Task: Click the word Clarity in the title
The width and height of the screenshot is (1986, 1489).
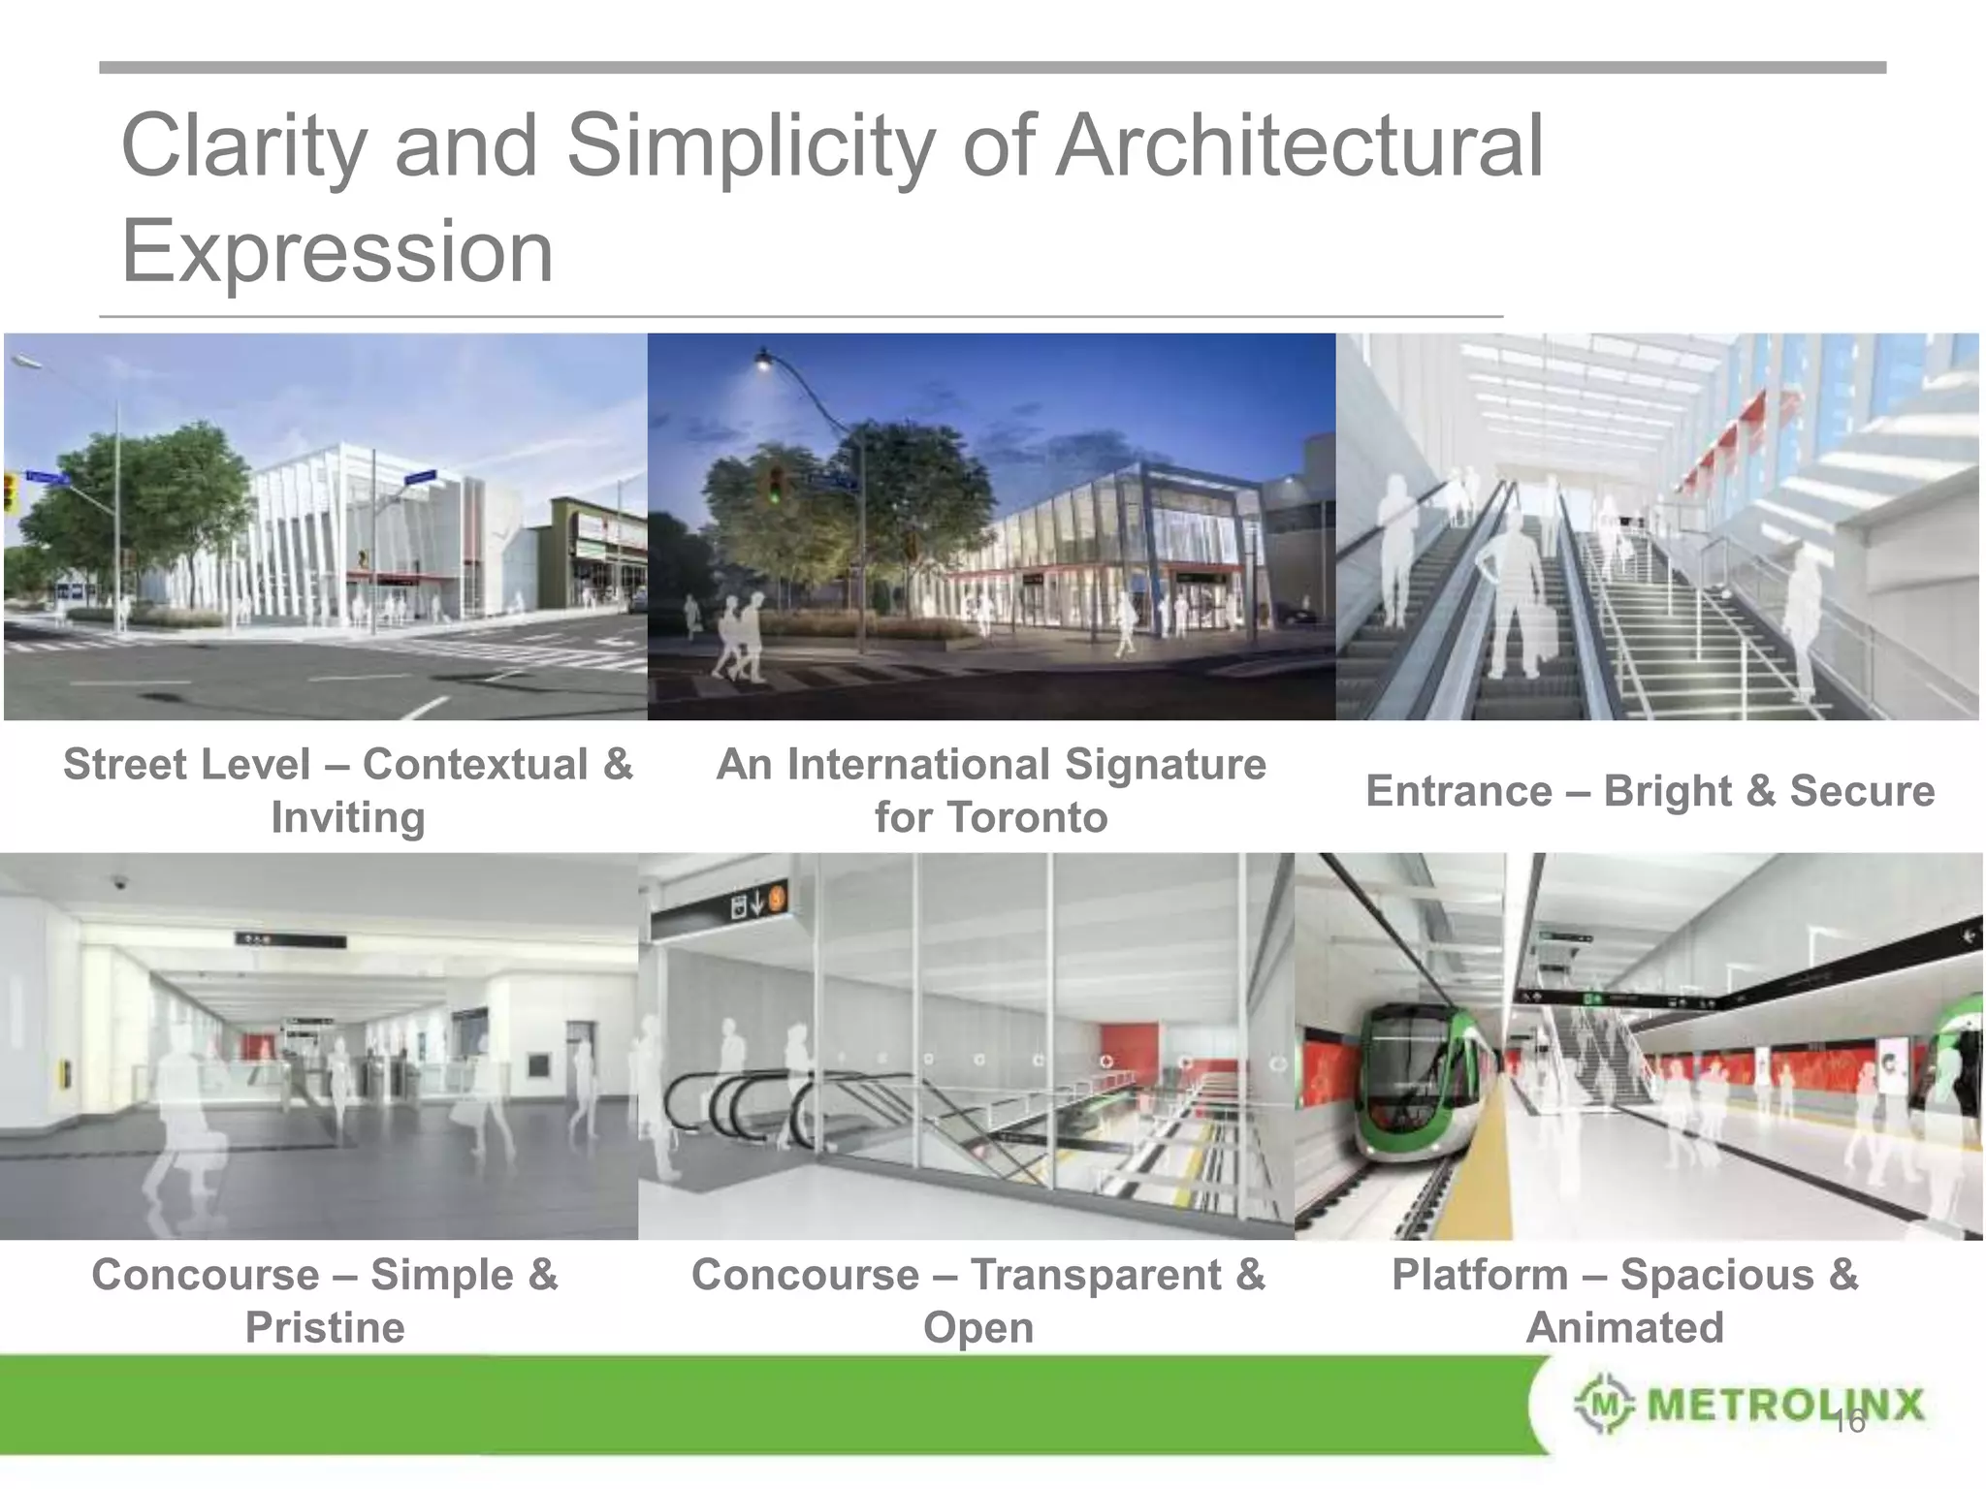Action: pyautogui.click(x=243, y=147)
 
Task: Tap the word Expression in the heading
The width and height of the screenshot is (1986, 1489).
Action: pyautogui.click(x=336, y=251)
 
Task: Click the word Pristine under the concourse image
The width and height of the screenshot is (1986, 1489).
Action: pyautogui.click(x=325, y=1327)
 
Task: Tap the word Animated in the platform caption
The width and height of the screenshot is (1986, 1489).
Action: pyautogui.click(x=1624, y=1327)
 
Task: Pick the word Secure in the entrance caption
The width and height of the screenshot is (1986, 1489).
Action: pyautogui.click(x=1861, y=791)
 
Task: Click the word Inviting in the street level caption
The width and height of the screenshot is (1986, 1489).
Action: pyautogui.click(x=347, y=817)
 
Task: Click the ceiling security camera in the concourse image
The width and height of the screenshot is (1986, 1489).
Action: pyautogui.click(x=120, y=883)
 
